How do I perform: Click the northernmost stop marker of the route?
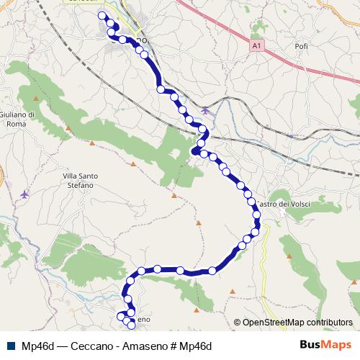[102, 16]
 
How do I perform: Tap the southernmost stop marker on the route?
[132, 325]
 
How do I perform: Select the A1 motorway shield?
[256, 45]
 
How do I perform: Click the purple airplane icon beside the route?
[206, 110]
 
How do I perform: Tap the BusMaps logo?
[325, 344]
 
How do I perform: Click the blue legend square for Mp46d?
[11, 344]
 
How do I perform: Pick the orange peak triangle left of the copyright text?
[233, 292]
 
